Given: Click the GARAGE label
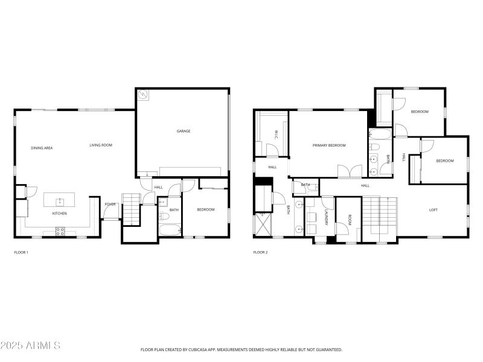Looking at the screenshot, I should tap(183, 131).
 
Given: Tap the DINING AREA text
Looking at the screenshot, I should tap(42, 148).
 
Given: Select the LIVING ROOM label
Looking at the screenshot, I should tap(101, 145).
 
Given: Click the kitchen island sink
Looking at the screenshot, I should tap(59, 201).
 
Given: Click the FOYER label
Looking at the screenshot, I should tap(110, 204).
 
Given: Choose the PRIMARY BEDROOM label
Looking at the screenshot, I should tap(329, 145).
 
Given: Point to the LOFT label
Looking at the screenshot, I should tap(433, 210).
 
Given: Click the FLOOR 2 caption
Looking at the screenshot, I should tap(260, 252).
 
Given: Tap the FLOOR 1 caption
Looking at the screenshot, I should tap(21, 252).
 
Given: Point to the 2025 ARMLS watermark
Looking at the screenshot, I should tap(30, 346).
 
